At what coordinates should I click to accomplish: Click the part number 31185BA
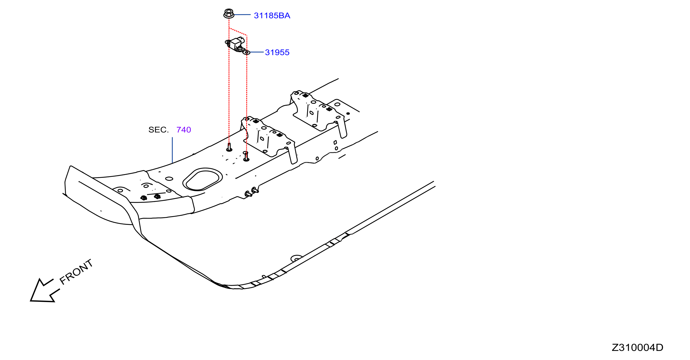[x=272, y=16]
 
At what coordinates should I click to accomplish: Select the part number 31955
[x=277, y=52]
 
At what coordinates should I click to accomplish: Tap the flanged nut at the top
[x=229, y=13]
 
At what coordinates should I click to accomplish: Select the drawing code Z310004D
[x=637, y=347]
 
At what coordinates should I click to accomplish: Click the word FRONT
[x=76, y=272]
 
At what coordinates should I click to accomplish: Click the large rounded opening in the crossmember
[x=203, y=179]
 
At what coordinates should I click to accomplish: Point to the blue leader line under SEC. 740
[x=172, y=150]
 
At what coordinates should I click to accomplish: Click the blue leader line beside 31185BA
[x=242, y=15]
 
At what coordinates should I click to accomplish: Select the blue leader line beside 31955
[x=257, y=52]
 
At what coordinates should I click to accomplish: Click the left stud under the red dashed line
[x=229, y=147]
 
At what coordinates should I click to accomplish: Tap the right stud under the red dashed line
[x=246, y=156]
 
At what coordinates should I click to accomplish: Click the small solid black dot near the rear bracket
[x=348, y=114]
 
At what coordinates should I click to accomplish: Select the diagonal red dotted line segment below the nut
[x=238, y=31]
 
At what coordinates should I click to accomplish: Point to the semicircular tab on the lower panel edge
[x=296, y=258]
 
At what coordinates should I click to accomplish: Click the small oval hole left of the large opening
[x=169, y=178]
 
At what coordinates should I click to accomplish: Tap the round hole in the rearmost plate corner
[x=337, y=104]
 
